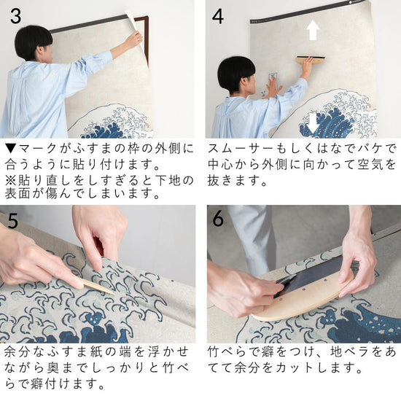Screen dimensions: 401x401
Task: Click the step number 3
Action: click(x=16, y=16)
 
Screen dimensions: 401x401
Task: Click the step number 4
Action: click(x=218, y=16)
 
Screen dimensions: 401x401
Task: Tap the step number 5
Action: click(x=12, y=221)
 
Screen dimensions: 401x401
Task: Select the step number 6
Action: click(x=218, y=219)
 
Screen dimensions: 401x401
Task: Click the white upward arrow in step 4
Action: click(x=313, y=30)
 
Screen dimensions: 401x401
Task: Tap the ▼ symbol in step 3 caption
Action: click(x=10, y=149)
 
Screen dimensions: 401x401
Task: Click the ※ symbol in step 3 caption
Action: click(x=10, y=181)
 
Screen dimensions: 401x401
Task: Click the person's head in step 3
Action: click(x=34, y=43)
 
